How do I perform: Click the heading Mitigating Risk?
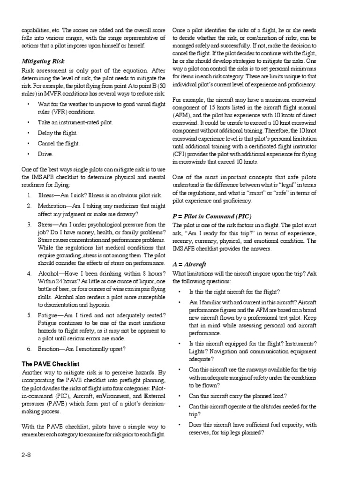(x=43, y=61)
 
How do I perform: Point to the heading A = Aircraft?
(x=189, y=264)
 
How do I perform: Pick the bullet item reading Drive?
(x=46, y=153)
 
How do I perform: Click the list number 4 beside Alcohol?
(x=29, y=273)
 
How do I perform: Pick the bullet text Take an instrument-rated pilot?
(x=75, y=122)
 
